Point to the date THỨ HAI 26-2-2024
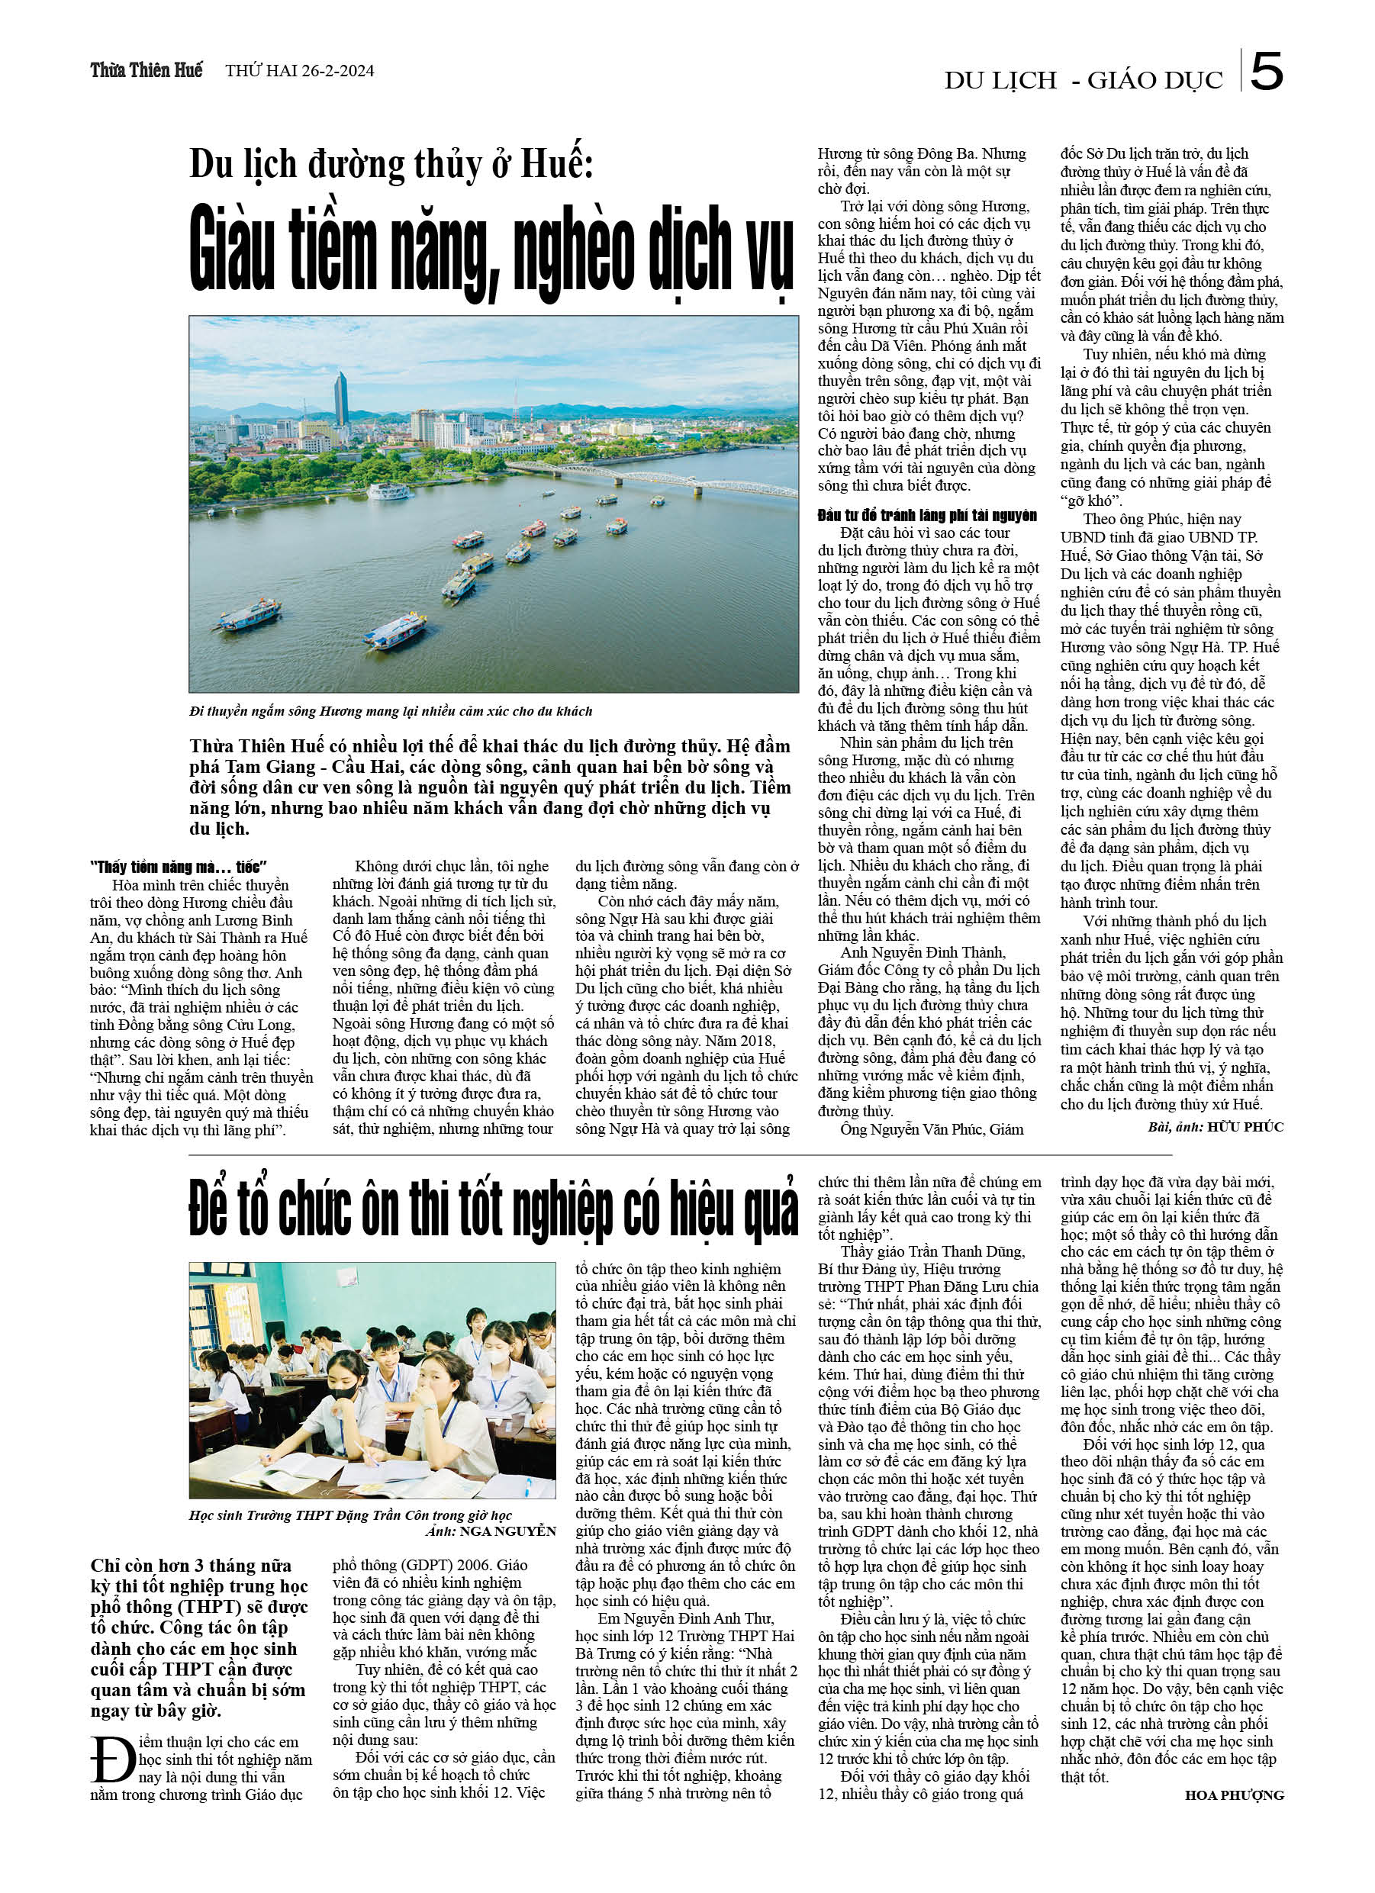tap(299, 71)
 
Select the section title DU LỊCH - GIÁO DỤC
tap(1083, 80)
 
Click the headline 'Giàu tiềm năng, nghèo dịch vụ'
tap(491, 249)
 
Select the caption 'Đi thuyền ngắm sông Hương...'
tap(390, 711)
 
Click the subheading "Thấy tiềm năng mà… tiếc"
tap(178, 866)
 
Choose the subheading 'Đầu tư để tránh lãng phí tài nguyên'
tap(926, 515)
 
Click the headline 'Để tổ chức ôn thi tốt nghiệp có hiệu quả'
tap(493, 1208)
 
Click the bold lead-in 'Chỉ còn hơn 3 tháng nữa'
tap(192, 1566)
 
